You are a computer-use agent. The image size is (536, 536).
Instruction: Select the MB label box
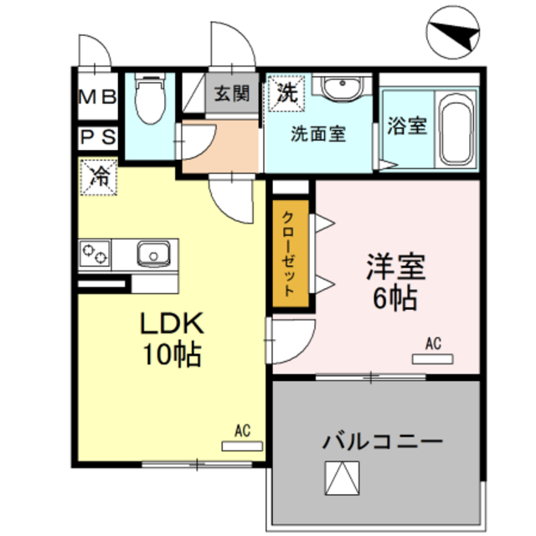(98, 96)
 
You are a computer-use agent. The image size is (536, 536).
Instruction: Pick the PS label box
(98, 136)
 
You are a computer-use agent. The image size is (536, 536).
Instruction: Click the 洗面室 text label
(318, 133)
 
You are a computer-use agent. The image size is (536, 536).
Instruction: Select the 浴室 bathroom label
(407, 126)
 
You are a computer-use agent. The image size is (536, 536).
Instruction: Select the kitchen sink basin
(153, 252)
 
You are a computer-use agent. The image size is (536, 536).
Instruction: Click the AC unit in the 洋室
(432, 358)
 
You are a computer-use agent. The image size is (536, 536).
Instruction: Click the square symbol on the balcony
(343, 481)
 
